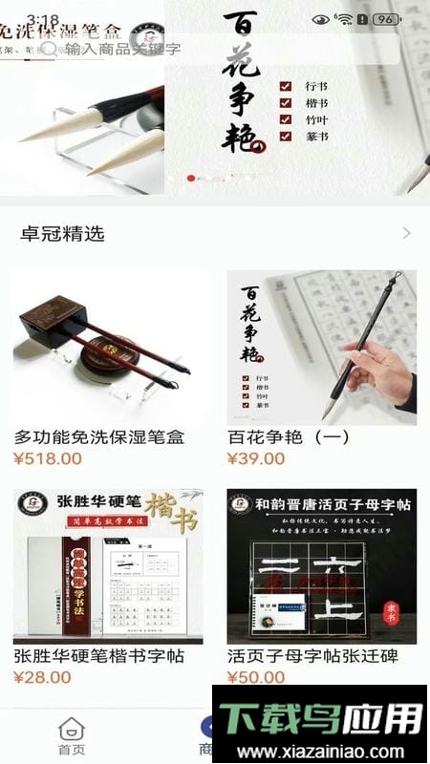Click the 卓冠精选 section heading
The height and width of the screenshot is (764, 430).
tap(63, 234)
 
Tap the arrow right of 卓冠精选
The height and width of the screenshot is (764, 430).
tap(406, 234)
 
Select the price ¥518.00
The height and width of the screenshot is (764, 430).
tap(48, 458)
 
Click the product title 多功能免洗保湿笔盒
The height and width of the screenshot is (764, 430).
tap(98, 437)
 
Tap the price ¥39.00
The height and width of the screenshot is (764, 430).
tap(256, 458)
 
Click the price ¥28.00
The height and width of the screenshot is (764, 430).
tap(43, 677)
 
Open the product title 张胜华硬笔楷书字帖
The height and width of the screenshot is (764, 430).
tap(98, 656)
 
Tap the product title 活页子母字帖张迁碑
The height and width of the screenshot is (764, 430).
tap(312, 656)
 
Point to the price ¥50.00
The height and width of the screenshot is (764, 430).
tap(256, 677)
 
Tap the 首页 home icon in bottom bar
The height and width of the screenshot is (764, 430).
tap(72, 735)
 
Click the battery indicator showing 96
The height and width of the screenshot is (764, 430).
tap(385, 19)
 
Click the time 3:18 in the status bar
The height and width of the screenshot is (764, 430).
tap(43, 20)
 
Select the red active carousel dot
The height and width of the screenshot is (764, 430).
tap(191, 178)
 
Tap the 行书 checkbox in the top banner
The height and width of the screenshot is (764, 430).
tap(286, 86)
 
